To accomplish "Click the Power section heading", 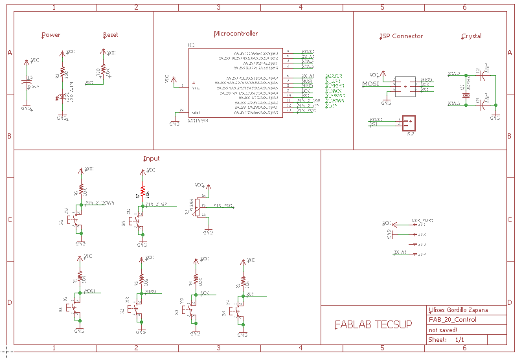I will tap(51, 35).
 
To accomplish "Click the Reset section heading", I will tap(110, 35).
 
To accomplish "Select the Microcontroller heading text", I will tap(235, 34).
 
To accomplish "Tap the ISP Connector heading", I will tap(401, 36).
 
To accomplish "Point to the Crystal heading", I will tap(471, 36).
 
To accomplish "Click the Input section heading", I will tap(151, 159).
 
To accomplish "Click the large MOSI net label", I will tap(370, 84).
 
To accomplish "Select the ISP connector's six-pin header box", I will tap(405, 86).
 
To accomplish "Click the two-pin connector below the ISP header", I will tap(409, 122).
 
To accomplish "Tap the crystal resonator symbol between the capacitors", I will tap(465, 88).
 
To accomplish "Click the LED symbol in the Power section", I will tap(62, 97).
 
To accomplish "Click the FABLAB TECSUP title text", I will tap(372, 324).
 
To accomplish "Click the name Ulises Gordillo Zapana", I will tap(459, 310).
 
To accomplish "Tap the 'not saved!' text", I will tap(443, 330).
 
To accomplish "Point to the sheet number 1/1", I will tap(459, 339).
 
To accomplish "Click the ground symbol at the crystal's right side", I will tap(495, 117).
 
